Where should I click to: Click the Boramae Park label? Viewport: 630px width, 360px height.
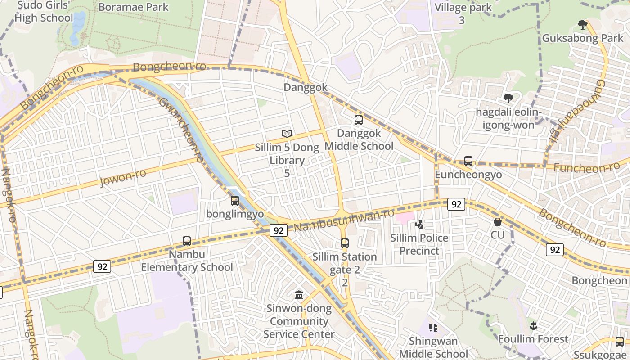point(133,7)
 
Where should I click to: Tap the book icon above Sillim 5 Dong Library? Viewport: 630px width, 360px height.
point(287,134)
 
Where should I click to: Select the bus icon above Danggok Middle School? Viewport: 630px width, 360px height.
point(359,120)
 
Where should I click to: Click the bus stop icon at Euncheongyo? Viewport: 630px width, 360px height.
point(468,161)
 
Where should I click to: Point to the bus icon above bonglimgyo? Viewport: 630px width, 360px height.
point(235,201)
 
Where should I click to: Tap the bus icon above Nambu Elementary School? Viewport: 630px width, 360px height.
point(187,241)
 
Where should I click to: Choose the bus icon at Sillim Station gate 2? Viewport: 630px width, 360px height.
point(345,243)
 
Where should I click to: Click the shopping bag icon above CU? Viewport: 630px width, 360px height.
point(498,222)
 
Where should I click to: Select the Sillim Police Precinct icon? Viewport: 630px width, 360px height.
point(419,224)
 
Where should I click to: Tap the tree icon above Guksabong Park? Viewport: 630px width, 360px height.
point(583,25)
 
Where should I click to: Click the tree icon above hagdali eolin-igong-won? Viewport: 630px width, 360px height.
point(508,98)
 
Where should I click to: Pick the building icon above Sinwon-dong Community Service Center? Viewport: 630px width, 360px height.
point(298,295)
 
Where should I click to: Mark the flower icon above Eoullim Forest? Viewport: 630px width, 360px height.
point(533,325)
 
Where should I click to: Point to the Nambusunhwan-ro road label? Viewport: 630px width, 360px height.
point(344,220)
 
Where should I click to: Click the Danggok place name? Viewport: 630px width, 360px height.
point(306,87)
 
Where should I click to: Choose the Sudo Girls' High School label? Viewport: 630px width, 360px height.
point(44,12)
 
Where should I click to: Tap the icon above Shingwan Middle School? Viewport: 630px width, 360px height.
point(433,328)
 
